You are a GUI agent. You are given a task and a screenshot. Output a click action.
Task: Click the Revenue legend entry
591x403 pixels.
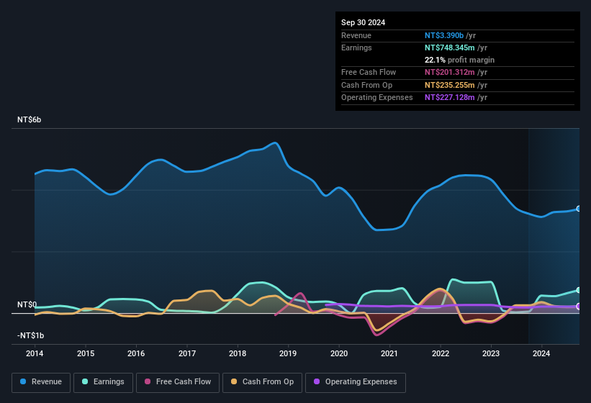tap(42, 382)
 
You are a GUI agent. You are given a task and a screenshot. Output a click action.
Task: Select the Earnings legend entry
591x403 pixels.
tap(104, 382)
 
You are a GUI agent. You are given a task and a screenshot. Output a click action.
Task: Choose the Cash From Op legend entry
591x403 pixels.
tap(263, 382)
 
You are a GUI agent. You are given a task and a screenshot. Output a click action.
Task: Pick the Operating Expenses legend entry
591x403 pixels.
tap(356, 382)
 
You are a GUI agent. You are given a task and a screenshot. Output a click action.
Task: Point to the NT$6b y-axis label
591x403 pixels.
tap(30, 119)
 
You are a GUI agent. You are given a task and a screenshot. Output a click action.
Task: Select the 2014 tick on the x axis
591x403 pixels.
tap(35, 353)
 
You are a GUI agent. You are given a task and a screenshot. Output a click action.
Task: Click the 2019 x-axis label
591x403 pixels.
tap(288, 353)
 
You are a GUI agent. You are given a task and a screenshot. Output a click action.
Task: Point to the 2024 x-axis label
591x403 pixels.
tap(541, 353)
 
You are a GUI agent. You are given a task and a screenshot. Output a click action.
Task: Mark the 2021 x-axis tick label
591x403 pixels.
tap(389, 353)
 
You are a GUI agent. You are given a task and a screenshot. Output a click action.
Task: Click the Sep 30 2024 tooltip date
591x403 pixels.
tap(363, 22)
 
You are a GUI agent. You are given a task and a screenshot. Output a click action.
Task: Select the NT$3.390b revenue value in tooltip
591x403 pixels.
tap(444, 35)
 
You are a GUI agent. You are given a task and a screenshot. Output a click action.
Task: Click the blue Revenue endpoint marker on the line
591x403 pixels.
tap(579, 209)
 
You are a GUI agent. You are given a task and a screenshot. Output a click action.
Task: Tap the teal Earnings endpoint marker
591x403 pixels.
tap(579, 290)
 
